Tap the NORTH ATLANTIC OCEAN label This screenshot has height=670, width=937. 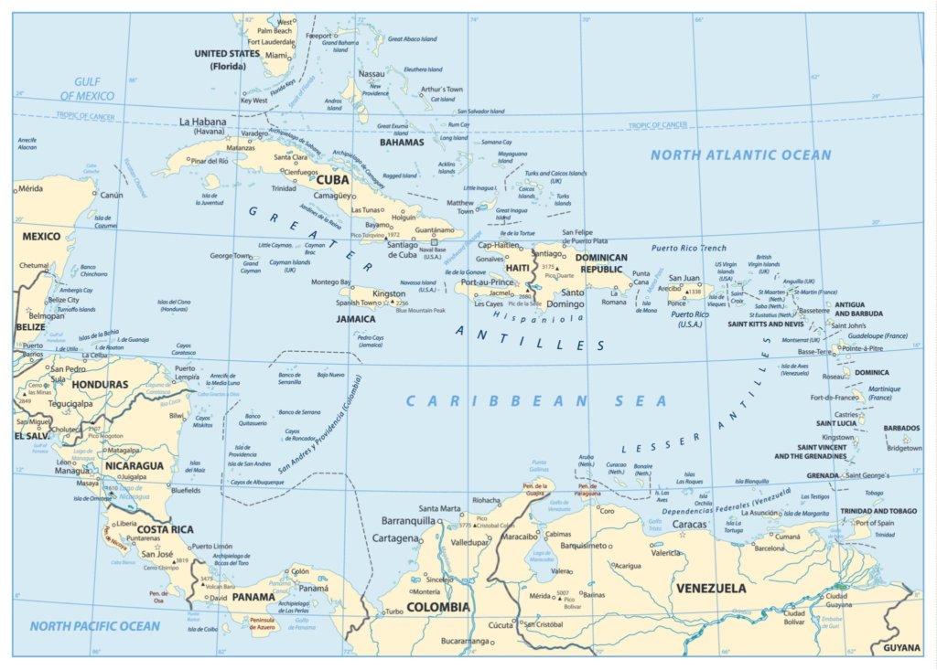coord(741,154)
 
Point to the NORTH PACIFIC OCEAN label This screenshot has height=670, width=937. coord(94,626)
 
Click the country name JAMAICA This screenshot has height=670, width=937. coord(356,319)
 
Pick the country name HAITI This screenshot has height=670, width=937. coord(518,268)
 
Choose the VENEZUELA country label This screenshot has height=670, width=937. coord(709,588)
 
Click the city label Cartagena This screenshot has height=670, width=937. coord(395,538)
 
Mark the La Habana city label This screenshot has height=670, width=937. coord(202,122)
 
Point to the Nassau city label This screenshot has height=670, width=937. coord(372,73)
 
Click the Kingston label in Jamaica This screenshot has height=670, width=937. coord(389,293)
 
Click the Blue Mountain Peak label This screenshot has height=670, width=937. coord(420,311)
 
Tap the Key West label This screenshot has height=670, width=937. coord(253,101)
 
